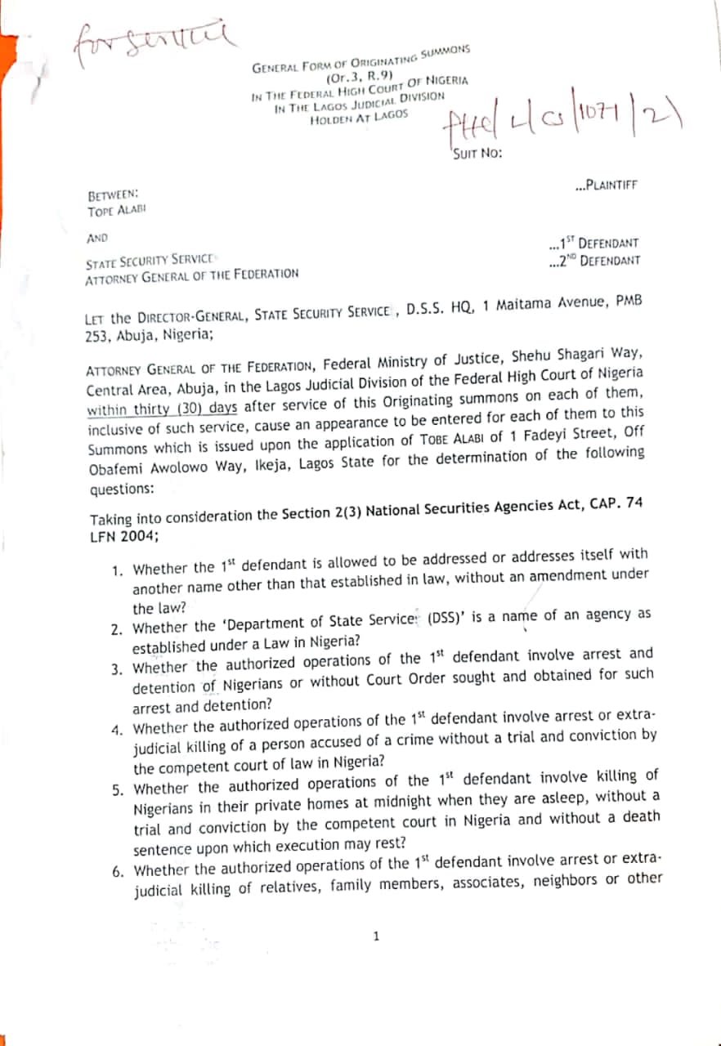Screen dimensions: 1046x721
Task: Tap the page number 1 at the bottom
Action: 376,936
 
